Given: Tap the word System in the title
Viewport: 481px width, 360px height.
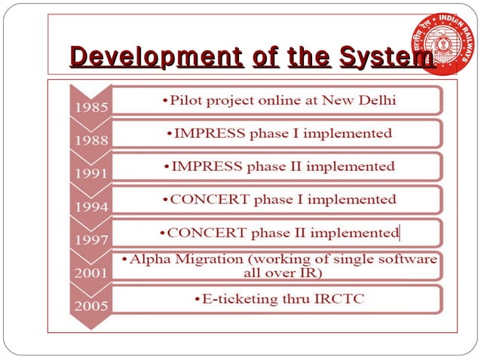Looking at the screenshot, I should coord(387,56).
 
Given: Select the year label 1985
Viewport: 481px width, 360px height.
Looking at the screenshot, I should coord(90,108).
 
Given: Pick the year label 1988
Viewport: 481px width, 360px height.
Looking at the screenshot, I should coord(90,140).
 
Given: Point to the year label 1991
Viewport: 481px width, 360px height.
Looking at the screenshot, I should coord(90,173).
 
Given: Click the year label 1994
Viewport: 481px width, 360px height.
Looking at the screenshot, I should coord(90,206).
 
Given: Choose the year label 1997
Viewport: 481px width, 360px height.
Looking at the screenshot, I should coord(90,239).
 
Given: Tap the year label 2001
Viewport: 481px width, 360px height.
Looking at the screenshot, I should coord(90,273).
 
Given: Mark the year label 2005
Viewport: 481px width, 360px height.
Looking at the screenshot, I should coord(90,306).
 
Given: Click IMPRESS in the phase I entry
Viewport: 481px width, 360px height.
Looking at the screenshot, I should coord(207,133).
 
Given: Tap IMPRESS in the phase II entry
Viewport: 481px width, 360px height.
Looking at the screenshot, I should coord(207,166).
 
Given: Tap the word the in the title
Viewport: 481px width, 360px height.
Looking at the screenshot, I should coord(308,56).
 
